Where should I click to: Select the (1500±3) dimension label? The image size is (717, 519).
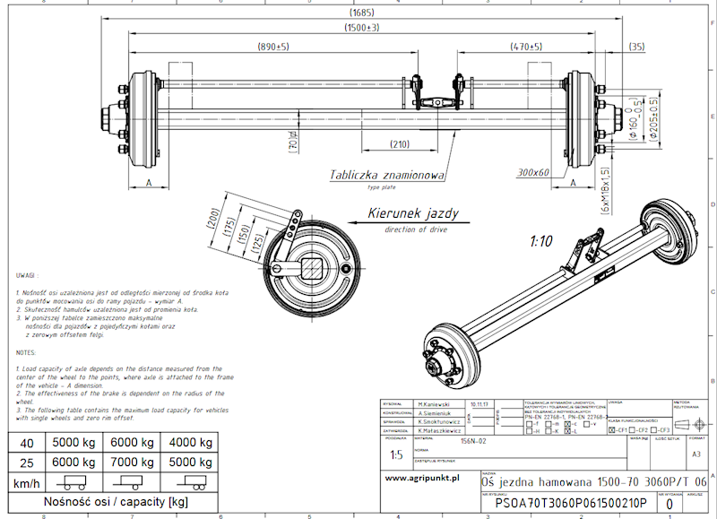tap(361, 29)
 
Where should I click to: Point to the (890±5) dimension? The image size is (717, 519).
tap(272, 46)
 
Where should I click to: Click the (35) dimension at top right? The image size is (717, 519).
tap(637, 46)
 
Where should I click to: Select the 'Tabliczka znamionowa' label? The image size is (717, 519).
tap(386, 176)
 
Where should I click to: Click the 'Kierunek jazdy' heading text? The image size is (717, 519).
tap(414, 214)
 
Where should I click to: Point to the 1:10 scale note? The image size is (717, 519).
tap(540, 242)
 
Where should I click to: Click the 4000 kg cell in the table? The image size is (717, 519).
tap(188, 443)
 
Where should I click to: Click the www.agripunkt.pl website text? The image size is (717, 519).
tap(422, 478)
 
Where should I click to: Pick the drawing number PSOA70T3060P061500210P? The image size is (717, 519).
tap(558, 502)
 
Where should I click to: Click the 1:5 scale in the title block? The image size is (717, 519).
tap(397, 454)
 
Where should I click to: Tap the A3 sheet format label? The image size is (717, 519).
tap(696, 454)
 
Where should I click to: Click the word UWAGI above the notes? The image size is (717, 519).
tap(26, 274)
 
